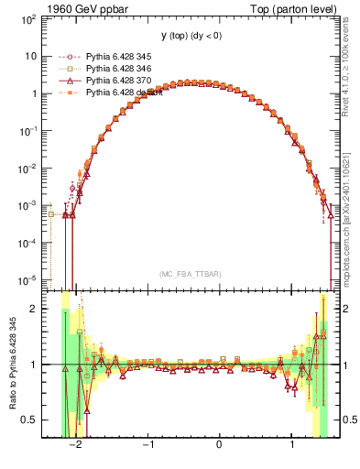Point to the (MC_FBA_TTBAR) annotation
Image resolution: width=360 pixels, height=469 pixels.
(190, 274)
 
